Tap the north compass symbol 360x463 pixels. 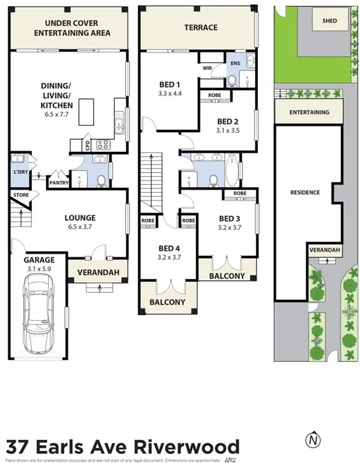(311, 440)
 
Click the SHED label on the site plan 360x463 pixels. (329, 20)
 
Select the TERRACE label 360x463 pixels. (201, 27)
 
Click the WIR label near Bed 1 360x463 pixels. (207, 68)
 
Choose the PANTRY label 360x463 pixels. (59, 172)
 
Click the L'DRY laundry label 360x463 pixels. (19, 173)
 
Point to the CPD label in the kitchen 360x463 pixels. (87, 144)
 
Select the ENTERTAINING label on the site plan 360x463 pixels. (310, 112)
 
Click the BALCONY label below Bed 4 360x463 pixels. (167, 302)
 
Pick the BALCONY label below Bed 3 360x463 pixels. (227, 276)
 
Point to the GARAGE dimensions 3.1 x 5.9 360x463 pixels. (39, 269)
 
